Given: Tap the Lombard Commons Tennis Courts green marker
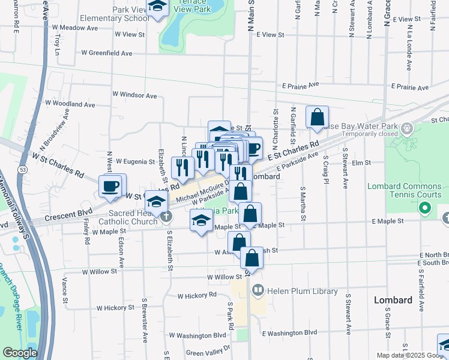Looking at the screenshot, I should (426, 209).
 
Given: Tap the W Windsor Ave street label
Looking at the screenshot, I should (134, 95).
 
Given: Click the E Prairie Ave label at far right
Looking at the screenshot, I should (410, 87).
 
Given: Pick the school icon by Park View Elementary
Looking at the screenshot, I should (158, 7).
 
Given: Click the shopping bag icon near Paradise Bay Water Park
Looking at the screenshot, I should (317, 117).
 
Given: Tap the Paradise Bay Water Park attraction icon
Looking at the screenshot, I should (407, 127).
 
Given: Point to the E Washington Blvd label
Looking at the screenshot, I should (289, 332).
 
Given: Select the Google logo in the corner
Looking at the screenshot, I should (20, 353).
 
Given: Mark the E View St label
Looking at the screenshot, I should (270, 35).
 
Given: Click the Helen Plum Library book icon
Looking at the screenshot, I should (258, 291).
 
